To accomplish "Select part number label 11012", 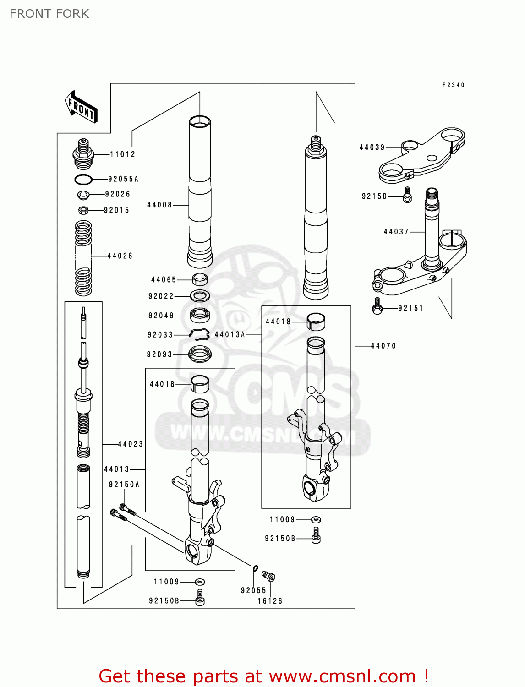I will (122, 154).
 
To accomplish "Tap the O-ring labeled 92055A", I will (83, 179).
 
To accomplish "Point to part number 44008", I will (159, 205).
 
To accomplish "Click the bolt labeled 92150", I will (407, 195).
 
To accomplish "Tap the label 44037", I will (396, 232).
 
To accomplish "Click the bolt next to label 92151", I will (377, 306).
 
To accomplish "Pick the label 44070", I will (383, 346).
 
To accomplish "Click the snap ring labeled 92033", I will (200, 334).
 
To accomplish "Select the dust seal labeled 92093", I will (200, 354).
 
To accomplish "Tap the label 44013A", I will (230, 335).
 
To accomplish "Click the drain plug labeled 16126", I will (268, 576).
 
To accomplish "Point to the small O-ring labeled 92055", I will (255, 568).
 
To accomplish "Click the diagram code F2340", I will (453, 85).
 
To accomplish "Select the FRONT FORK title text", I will (49, 14).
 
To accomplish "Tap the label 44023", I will (131, 444).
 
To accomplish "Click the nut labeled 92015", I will (83, 210).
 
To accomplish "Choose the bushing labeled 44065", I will (200, 279).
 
